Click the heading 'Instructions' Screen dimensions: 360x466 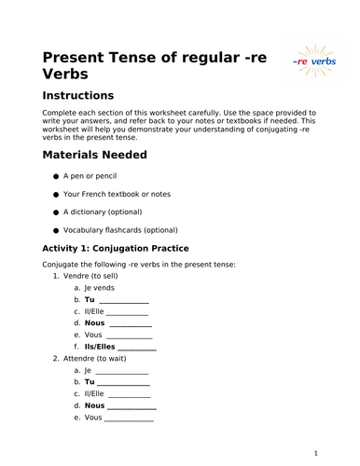(x=78, y=95)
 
